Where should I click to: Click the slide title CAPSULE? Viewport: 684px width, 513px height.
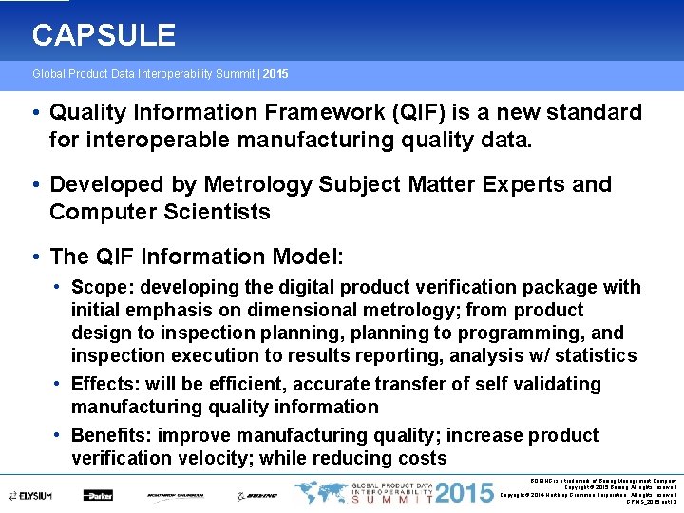tap(104, 36)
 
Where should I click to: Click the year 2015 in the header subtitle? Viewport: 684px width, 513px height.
tap(276, 74)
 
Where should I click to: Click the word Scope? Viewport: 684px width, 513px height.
tap(98, 287)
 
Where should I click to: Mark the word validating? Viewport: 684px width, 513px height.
tap(559, 384)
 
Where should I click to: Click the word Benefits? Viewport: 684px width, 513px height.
tap(110, 435)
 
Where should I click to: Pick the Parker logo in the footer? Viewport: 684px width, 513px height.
tap(98, 495)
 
